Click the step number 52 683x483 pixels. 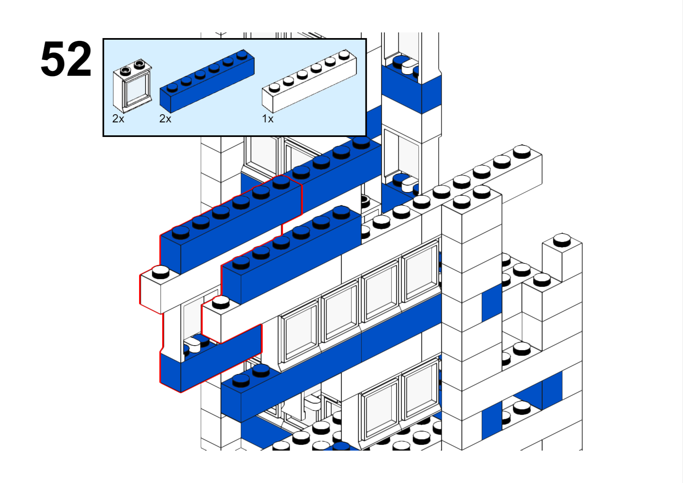point(66,59)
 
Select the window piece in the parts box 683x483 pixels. point(132,86)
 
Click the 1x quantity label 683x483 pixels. point(268,119)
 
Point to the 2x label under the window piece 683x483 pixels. point(118,119)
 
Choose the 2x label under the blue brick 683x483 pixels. point(165,119)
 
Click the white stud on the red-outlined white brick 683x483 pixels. point(161,272)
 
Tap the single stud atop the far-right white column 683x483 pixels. point(562,239)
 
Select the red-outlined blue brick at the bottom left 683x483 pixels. point(211,361)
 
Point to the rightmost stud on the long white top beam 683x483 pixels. point(522,152)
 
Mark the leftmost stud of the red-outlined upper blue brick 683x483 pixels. point(180,232)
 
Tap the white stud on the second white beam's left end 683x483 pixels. point(221,302)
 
